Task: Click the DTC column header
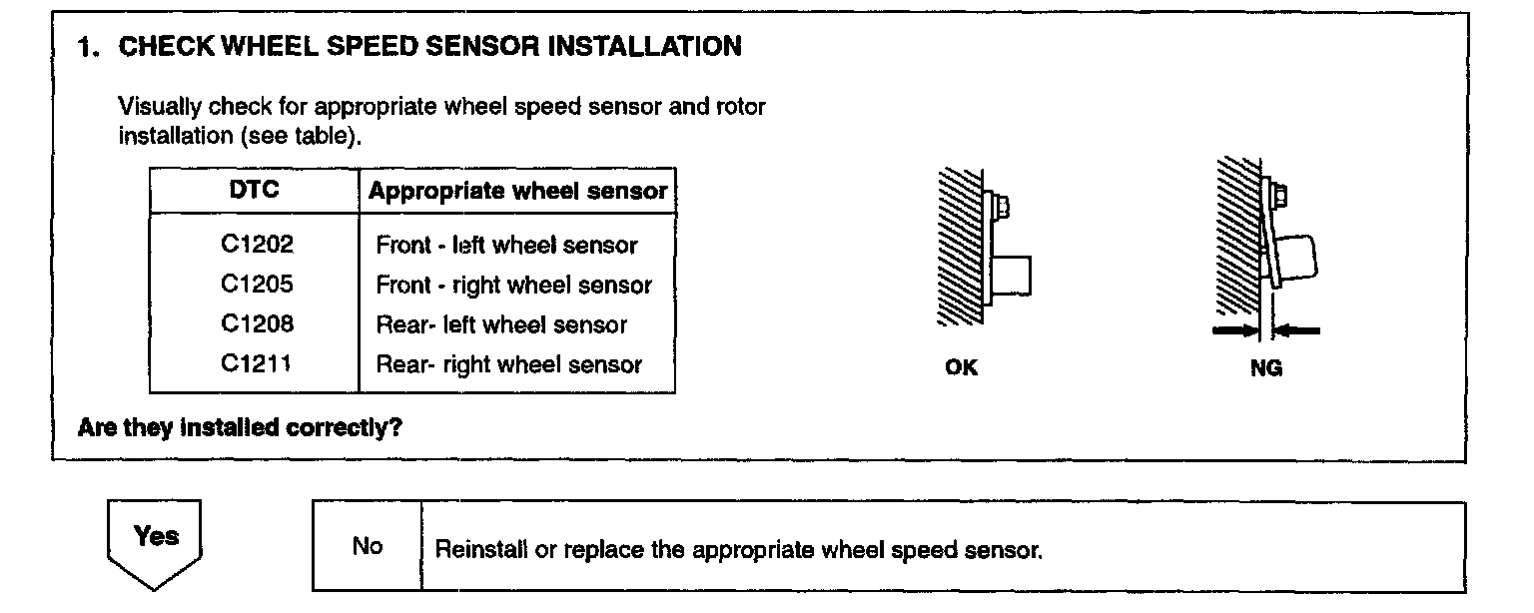254,190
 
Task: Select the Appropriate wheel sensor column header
517,192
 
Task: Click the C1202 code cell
257,245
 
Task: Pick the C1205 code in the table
257,285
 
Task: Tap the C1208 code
257,324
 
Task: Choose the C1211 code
257,364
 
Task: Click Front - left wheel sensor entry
506,246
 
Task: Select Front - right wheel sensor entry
513,286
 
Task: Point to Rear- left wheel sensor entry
501,325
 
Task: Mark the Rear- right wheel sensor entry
508,365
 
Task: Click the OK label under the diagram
961,368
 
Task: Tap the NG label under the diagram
1265,368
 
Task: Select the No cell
367,547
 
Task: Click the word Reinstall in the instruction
473,550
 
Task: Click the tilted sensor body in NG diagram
1295,258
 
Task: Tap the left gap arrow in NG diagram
1234,329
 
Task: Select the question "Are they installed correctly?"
240,428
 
